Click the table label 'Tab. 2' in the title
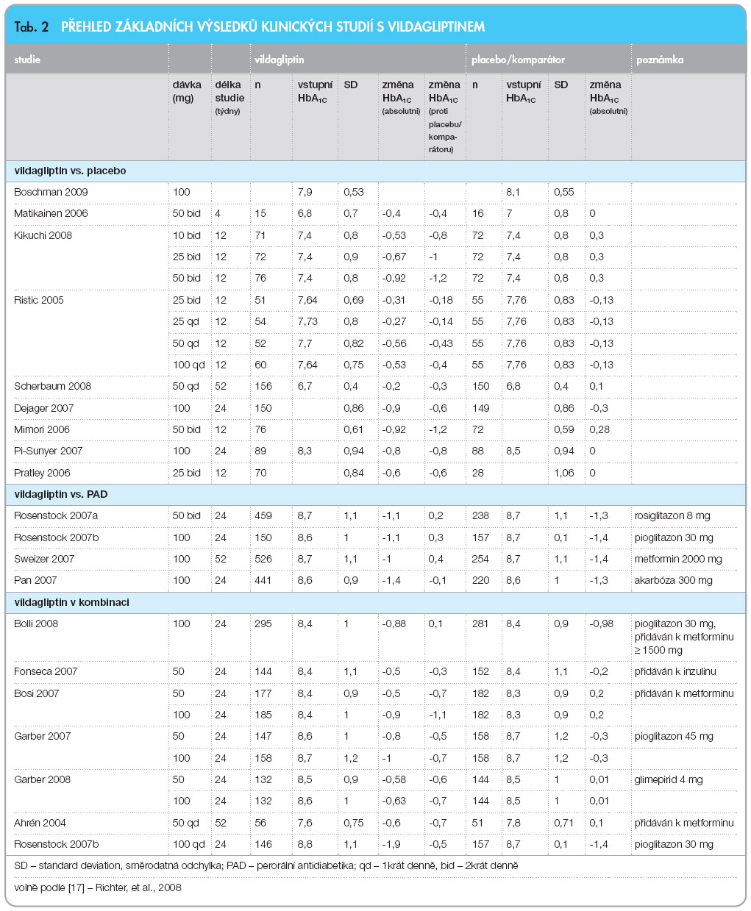(31, 27)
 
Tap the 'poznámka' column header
(660, 60)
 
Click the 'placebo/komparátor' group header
(518, 60)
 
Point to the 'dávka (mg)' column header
(187, 91)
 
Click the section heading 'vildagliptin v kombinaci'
(71, 602)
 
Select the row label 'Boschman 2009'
(51, 192)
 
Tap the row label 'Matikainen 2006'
(51, 213)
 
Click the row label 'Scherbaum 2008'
(52, 386)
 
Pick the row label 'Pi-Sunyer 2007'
(48, 451)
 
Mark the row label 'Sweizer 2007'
(44, 559)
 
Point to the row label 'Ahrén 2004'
(40, 823)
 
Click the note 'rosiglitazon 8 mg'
(673, 515)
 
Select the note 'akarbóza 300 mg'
(673, 580)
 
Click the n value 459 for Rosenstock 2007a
(263, 515)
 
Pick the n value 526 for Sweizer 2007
(263, 559)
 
